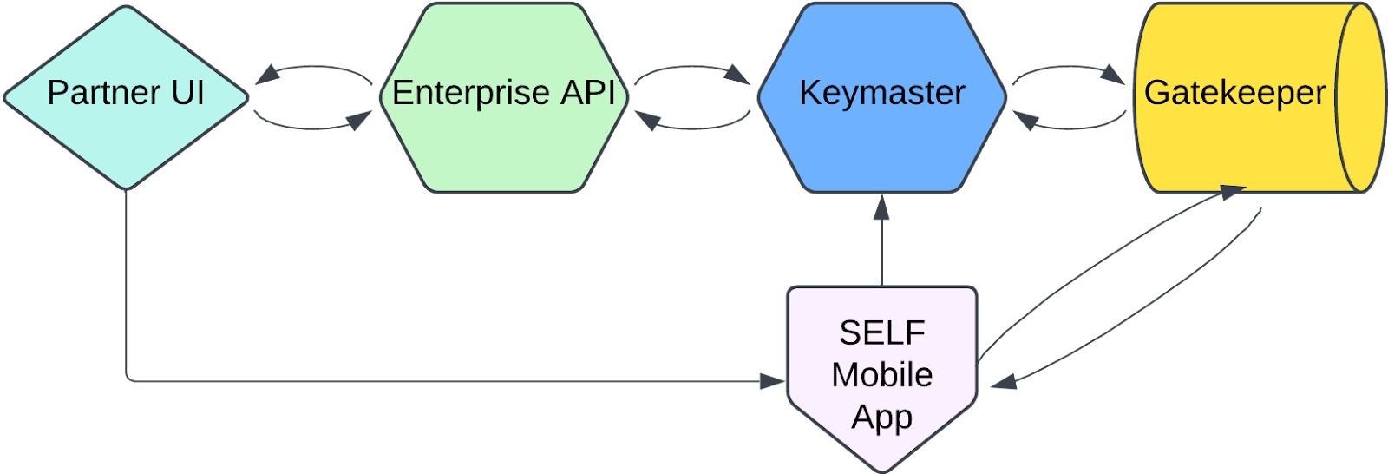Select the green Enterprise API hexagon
(503, 139)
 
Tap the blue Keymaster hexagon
(881, 139)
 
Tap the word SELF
(881, 332)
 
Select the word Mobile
(881, 375)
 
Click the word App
(881, 418)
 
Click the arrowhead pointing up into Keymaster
(881, 206)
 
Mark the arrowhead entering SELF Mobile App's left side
(772, 380)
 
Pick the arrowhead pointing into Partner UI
(265, 76)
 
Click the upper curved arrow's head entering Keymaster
(738, 76)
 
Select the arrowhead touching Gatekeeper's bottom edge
(1232, 191)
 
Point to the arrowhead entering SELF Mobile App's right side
(1003, 381)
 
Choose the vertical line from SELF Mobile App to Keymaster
(881, 252)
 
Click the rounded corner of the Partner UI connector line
(129, 378)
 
